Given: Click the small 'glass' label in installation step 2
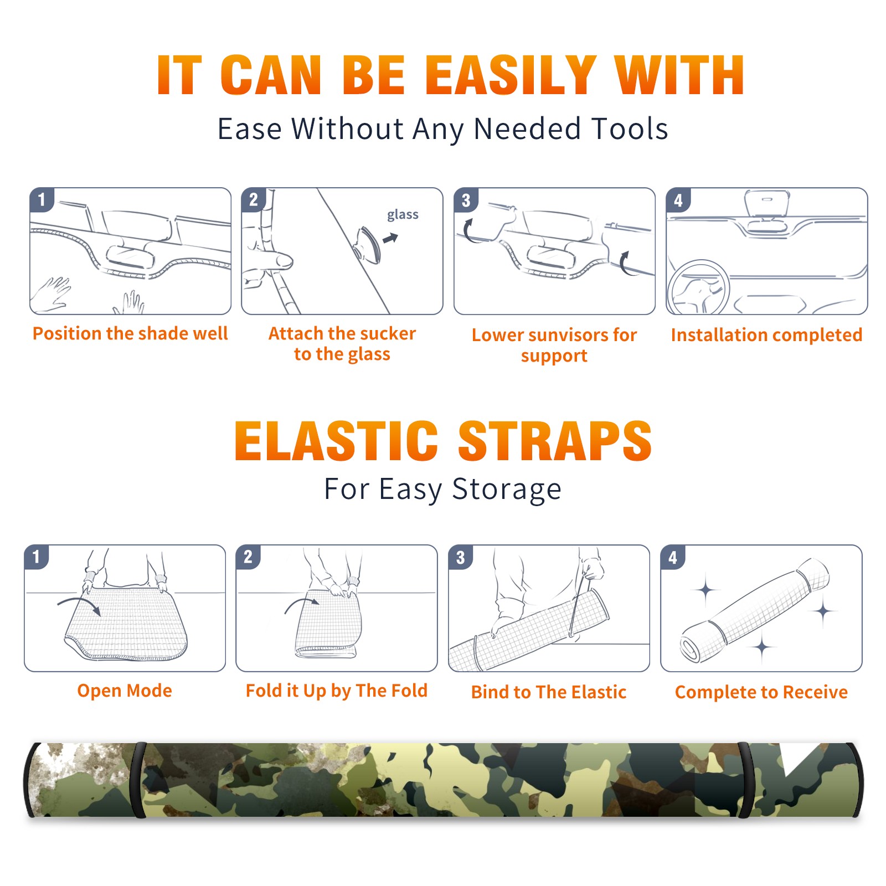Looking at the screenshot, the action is click(x=403, y=215).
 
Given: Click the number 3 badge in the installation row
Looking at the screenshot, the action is click(x=466, y=200).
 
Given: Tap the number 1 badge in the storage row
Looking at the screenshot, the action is click(x=37, y=557).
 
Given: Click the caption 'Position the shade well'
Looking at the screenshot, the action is click(x=130, y=333).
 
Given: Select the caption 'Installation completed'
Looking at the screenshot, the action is click(x=766, y=334).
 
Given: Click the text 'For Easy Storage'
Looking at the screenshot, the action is click(x=442, y=490).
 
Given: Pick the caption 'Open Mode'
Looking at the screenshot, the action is click(x=125, y=691).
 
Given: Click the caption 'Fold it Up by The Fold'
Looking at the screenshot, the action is click(x=337, y=691).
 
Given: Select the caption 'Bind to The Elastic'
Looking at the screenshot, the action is click(x=549, y=692).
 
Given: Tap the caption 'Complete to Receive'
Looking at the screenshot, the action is click(x=761, y=692).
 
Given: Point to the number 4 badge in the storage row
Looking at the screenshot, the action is click(x=673, y=557).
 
